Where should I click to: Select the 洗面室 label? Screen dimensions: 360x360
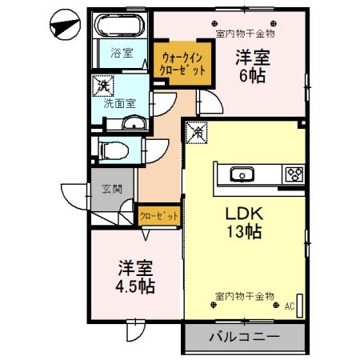click(x=118, y=103)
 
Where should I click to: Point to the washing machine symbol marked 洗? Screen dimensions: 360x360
click(x=102, y=83)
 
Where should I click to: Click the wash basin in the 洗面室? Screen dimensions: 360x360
click(x=134, y=123)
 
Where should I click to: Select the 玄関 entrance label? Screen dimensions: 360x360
click(x=111, y=190)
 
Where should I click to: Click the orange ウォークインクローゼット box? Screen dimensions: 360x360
click(x=184, y=63)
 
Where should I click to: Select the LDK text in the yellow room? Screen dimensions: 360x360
click(x=244, y=214)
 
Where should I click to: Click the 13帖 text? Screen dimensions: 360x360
click(x=244, y=233)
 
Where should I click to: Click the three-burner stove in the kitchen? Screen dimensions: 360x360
click(x=293, y=174)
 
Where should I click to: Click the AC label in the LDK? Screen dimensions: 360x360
click(x=289, y=306)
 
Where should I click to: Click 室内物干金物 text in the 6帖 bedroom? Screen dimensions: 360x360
click(x=246, y=34)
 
